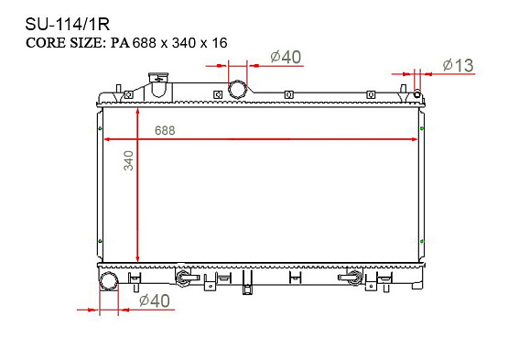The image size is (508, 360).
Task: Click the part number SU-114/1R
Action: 68,25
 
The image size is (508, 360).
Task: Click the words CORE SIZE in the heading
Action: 64,43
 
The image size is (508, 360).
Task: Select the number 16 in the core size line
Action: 220,43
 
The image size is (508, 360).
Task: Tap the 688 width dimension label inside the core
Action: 165,130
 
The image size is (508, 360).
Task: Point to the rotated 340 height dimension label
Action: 129,160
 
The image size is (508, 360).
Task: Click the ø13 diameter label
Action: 458,66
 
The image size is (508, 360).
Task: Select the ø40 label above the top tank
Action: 286,57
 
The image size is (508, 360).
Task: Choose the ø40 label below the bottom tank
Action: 154,300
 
